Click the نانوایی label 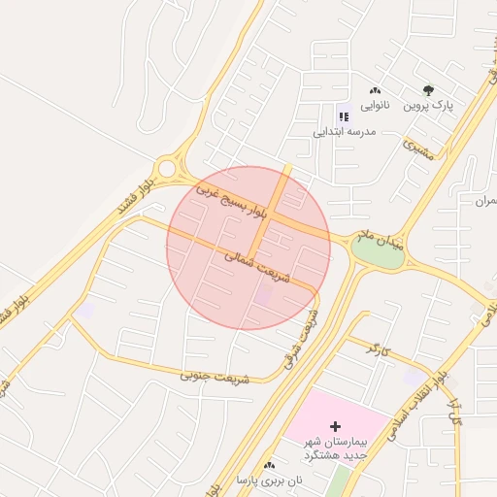pos(375,104)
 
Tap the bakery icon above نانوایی pos(375,90)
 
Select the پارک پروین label pos(429,104)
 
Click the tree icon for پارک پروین pos(429,90)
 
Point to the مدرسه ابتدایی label pos(340,130)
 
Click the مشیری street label pos(420,148)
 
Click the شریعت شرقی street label pos(301,336)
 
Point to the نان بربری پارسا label pos(269,480)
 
